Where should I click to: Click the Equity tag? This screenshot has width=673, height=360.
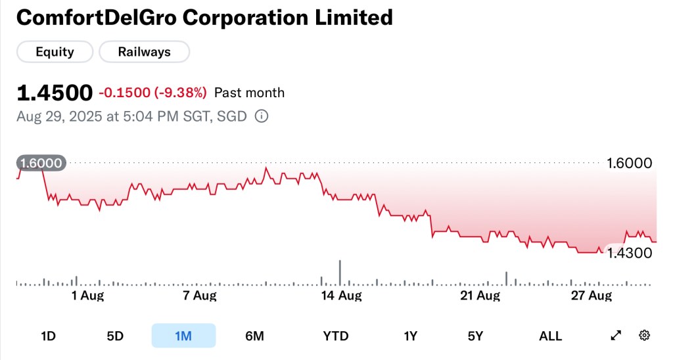(55, 52)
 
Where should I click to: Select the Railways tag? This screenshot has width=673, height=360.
(144, 52)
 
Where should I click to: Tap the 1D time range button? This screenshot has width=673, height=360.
(48, 336)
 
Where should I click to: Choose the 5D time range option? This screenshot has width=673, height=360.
(115, 336)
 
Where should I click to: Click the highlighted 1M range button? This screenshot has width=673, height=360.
(183, 336)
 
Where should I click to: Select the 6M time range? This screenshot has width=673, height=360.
(254, 336)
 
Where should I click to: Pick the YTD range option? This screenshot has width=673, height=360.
(336, 336)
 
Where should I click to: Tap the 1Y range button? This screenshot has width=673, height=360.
(411, 336)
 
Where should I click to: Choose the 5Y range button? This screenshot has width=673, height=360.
(475, 336)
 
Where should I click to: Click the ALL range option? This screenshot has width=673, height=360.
(550, 336)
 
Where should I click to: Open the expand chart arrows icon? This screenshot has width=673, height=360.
(616, 336)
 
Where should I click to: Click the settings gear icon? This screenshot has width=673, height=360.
(644, 336)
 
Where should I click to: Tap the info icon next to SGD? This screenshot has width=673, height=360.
(261, 117)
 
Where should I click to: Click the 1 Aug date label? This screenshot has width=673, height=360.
(87, 296)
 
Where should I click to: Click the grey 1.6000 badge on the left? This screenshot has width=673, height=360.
(41, 164)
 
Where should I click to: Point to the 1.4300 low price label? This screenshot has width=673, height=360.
(628, 253)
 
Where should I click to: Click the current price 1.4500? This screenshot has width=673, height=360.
(54, 93)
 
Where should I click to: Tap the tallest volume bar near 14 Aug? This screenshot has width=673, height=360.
(340, 273)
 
